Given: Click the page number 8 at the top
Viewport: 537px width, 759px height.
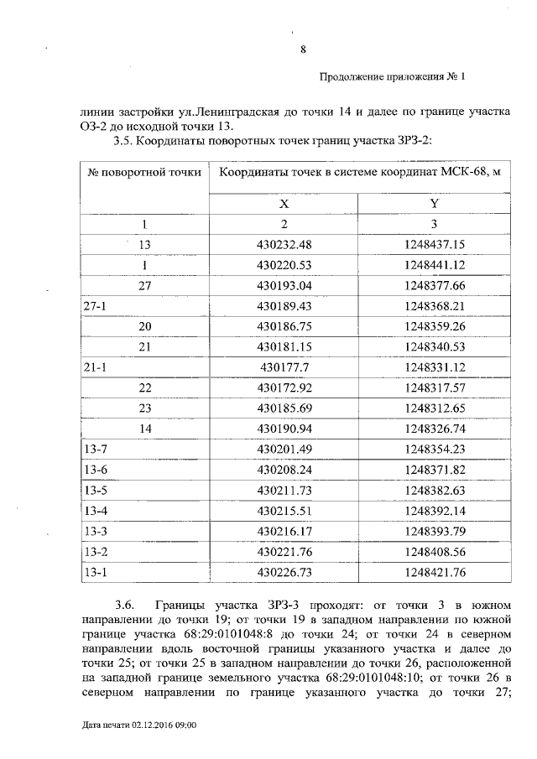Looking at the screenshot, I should [302, 48].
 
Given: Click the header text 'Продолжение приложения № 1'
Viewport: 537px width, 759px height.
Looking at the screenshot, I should [393, 77].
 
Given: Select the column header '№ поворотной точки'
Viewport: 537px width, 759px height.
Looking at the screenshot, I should [144, 173].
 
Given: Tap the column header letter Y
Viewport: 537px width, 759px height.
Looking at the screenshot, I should [434, 203].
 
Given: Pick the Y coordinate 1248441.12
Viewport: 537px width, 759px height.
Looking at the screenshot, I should [434, 265].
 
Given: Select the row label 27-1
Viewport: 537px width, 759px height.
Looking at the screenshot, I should [94, 306].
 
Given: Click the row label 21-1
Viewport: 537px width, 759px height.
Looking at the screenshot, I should [94, 367].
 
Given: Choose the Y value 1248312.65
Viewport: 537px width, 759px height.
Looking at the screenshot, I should [434, 408].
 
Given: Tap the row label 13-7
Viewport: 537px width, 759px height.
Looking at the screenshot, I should [94, 449].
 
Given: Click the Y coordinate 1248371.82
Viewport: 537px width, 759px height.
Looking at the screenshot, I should [434, 469].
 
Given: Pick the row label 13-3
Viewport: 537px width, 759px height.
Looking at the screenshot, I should [94, 530].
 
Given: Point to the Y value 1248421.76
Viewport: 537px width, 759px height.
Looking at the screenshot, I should [434, 571].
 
